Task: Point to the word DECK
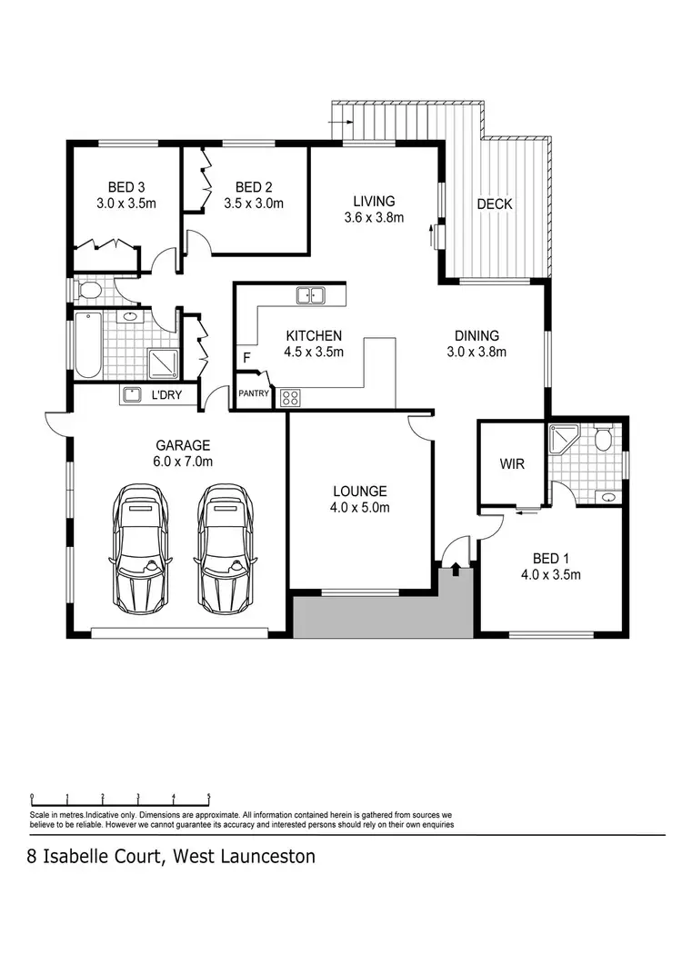click(x=495, y=204)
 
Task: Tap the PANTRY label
click(x=253, y=394)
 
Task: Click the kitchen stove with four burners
click(x=290, y=396)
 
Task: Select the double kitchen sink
click(x=311, y=294)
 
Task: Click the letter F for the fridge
click(x=246, y=358)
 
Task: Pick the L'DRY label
click(x=165, y=394)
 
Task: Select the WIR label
click(x=512, y=463)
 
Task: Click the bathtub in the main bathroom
click(x=87, y=344)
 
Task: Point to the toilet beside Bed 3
click(x=88, y=290)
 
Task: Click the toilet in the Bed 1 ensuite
click(x=603, y=441)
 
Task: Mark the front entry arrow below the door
click(x=453, y=571)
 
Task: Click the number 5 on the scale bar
click(x=209, y=796)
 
